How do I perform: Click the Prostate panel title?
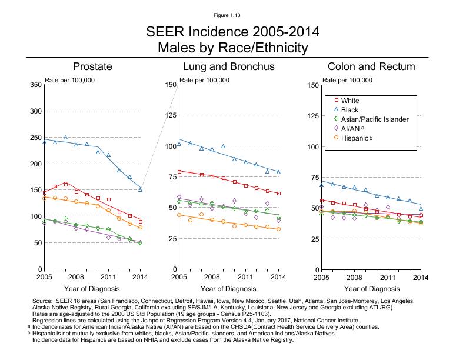click(x=92, y=67)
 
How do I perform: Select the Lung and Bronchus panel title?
click(x=228, y=67)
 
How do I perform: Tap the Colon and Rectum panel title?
click(x=371, y=67)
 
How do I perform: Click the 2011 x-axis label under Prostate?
click(x=108, y=276)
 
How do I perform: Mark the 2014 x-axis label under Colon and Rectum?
click(x=420, y=276)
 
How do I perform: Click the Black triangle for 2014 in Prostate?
click(x=141, y=189)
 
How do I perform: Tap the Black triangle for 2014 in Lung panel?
click(x=278, y=172)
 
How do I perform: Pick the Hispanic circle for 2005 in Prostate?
click(x=45, y=198)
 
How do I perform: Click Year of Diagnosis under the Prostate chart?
click(x=92, y=289)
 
